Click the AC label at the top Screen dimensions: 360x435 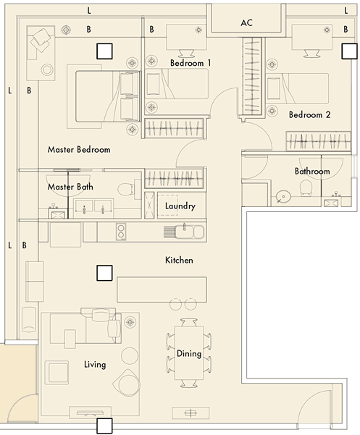[246, 22]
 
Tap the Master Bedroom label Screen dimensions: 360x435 [79, 150]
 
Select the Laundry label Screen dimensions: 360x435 [180, 206]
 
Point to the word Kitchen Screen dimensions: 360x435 [179, 260]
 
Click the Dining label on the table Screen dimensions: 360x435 [189, 354]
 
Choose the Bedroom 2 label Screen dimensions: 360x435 [309, 114]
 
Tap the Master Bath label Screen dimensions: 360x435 [70, 187]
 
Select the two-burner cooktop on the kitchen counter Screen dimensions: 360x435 [121, 232]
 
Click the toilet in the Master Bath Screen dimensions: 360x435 [126, 189]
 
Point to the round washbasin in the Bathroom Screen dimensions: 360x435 [283, 197]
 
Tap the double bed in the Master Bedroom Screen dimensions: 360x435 [107, 96]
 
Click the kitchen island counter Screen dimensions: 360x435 [162, 290]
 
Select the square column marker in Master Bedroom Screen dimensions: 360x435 [104, 51]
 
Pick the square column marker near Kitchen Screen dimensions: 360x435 [104, 273]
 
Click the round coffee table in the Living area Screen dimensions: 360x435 [130, 355]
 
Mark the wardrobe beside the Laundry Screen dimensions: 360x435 [175, 178]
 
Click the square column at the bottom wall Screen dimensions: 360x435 [104, 426]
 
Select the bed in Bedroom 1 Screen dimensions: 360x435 [177, 84]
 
